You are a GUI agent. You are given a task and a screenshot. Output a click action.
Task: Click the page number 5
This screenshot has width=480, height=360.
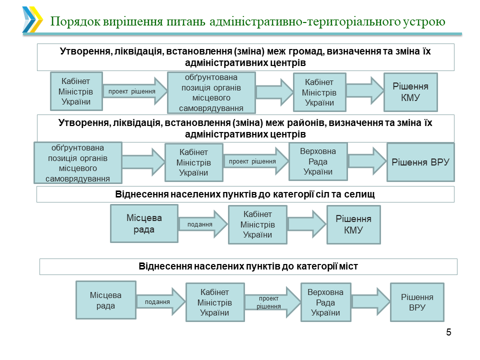[x=448, y=332]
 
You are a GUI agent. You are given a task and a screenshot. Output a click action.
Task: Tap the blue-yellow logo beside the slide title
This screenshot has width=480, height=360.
[x=32, y=20]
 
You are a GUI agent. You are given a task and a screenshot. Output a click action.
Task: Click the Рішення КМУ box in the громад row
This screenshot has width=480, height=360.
[x=410, y=92]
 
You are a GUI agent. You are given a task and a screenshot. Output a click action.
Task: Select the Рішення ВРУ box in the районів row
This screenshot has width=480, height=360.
[x=420, y=162]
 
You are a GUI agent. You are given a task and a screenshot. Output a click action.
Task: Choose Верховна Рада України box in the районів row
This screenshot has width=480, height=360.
[x=318, y=161]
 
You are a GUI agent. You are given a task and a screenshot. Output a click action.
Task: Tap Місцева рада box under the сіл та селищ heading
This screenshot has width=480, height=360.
[x=144, y=224]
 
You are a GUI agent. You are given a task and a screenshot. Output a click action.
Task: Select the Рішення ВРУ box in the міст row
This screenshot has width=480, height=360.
[x=417, y=302]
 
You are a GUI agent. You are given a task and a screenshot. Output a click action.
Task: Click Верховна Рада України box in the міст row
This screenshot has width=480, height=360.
[x=325, y=302]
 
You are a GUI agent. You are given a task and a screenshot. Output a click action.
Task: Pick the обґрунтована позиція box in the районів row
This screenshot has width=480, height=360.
[x=77, y=163]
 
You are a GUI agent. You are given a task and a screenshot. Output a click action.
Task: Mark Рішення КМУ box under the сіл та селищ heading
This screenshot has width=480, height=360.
[x=353, y=224]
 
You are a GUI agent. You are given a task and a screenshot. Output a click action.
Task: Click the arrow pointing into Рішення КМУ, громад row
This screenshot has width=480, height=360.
[x=364, y=91]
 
